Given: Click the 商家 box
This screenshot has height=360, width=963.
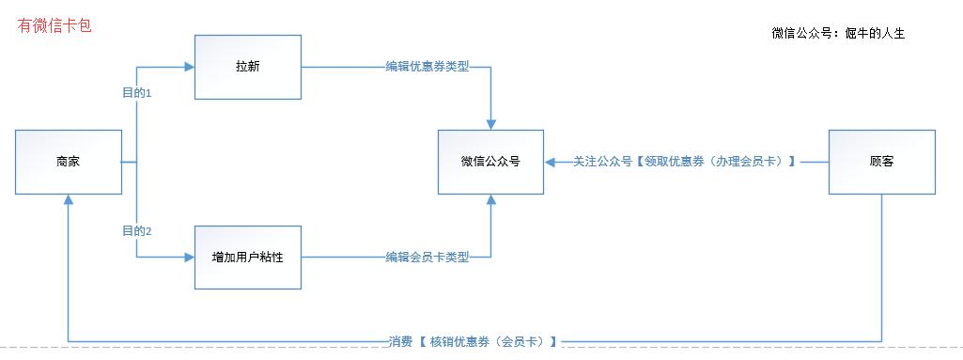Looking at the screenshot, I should point(68,162).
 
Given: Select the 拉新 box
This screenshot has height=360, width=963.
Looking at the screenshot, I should point(247,67).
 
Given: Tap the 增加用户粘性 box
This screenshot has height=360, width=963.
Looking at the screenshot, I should point(247,257).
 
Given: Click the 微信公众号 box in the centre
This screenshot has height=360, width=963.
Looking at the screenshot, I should point(489,162).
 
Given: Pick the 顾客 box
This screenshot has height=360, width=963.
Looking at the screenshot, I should point(881,162).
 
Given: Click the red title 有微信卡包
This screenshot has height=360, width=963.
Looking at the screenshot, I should point(54,26).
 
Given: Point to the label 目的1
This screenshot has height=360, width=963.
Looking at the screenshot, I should point(137,93).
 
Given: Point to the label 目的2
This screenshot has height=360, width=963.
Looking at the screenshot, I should point(137,231).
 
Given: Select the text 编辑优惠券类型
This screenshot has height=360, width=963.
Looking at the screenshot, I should point(427,68).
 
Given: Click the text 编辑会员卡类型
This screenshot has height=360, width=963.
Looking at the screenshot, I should point(427,257).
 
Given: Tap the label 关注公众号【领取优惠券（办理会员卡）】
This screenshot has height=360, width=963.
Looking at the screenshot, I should point(685,162).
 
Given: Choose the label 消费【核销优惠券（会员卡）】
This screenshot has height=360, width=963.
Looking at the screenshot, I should point(473,341).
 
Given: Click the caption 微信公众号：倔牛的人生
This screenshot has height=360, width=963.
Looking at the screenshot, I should point(837,34).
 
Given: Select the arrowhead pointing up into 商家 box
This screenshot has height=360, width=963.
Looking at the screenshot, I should point(68,200).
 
